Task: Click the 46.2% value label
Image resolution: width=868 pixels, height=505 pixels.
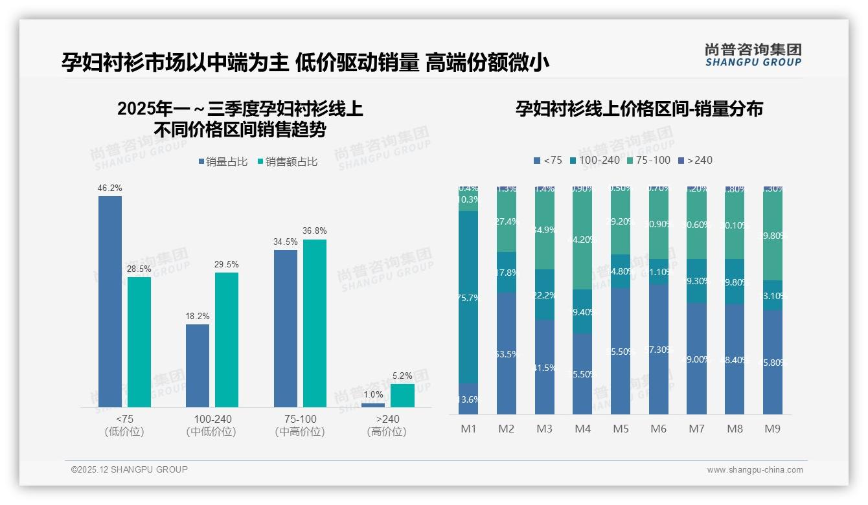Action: click(110, 188)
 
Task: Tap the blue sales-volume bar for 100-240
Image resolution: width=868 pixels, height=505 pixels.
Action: click(198, 365)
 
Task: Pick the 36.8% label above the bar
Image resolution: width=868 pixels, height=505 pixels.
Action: click(315, 231)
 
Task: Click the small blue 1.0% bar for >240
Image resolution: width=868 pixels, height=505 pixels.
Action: click(373, 405)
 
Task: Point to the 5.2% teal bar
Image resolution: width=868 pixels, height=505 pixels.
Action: click(402, 395)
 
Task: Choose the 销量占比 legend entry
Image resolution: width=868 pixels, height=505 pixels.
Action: click(223, 162)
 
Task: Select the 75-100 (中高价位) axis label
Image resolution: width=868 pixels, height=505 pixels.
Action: click(300, 425)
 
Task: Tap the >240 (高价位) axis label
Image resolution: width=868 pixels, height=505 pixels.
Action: click(387, 425)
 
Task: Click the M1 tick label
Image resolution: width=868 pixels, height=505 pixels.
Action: click(468, 429)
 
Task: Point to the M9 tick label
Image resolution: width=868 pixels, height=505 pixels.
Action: click(773, 429)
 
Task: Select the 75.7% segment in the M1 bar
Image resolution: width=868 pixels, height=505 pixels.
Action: click(468, 297)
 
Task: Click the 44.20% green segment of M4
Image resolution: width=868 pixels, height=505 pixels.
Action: click(582, 238)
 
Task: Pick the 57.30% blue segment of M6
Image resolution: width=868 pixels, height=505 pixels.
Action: click(659, 349)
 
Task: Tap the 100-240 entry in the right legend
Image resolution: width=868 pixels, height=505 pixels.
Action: click(594, 160)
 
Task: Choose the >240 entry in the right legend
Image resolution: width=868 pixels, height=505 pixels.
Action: click(694, 160)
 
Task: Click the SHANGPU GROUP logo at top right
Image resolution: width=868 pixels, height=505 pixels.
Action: click(753, 55)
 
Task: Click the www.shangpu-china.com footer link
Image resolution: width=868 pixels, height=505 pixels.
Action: click(755, 470)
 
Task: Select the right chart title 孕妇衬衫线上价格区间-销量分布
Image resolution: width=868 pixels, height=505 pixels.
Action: click(639, 109)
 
